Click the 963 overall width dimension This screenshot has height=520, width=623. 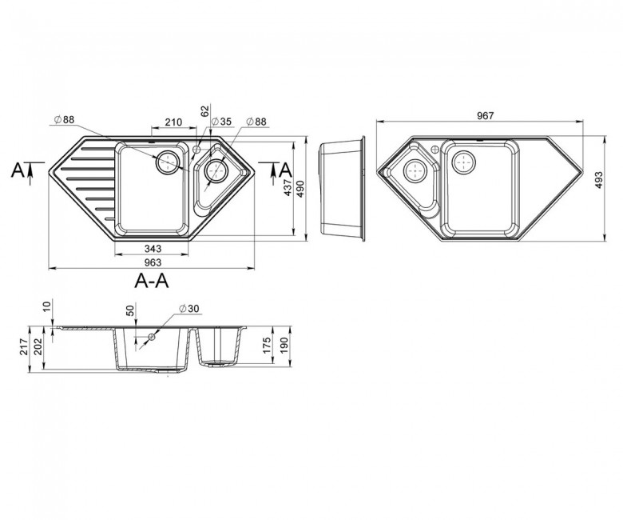[153, 262]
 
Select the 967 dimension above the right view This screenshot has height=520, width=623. [485, 115]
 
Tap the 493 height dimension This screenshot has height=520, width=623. [599, 180]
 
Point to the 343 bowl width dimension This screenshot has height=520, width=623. [153, 249]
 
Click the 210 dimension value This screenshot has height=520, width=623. [173, 122]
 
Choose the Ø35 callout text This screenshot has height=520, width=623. [221, 122]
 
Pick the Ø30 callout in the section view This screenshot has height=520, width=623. [189, 308]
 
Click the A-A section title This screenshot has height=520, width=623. [152, 281]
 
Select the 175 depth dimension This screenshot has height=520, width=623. [267, 346]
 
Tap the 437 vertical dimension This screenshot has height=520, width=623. [288, 187]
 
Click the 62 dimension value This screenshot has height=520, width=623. [205, 111]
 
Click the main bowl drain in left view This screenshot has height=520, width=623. [168, 162]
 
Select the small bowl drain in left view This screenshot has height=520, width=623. [216, 170]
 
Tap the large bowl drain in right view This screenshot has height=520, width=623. [464, 162]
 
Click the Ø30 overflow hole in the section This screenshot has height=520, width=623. [152, 337]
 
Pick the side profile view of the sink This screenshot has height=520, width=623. [343, 189]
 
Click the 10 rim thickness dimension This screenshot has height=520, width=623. [47, 306]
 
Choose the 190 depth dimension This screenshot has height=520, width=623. [284, 346]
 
